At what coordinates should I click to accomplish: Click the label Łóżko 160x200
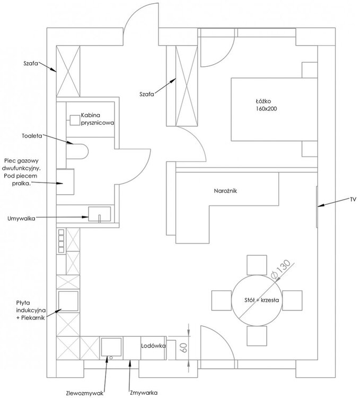(x=267, y=105)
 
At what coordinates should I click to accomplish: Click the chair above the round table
(x=257, y=264)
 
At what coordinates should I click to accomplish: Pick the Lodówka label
(x=154, y=345)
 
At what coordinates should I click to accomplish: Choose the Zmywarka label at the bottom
(x=144, y=393)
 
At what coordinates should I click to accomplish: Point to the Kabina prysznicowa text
(x=98, y=118)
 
